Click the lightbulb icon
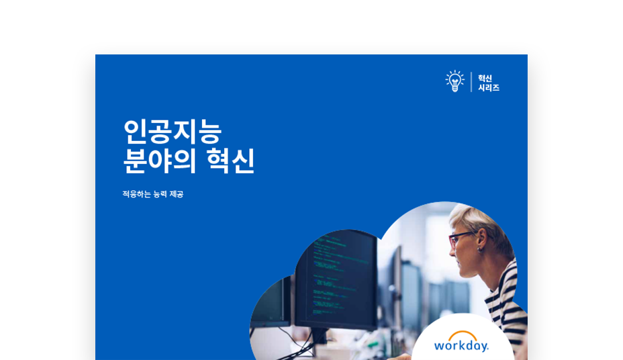[x=455, y=81]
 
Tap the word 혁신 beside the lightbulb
[x=485, y=78]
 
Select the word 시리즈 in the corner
[x=489, y=88]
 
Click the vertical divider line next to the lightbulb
[x=472, y=82]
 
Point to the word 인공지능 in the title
[x=173, y=132]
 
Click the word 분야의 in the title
[x=160, y=161]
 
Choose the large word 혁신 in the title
[x=230, y=161]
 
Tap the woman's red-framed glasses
[x=461, y=238]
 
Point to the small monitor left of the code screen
[x=271, y=302]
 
